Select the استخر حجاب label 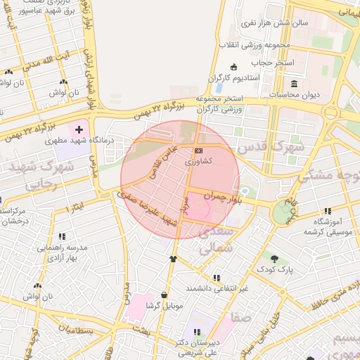click(x=274, y=63)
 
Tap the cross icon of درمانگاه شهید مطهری click(x=79, y=129)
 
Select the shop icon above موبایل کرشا click(x=164, y=295)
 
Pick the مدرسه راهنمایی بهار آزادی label click(x=62, y=253)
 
